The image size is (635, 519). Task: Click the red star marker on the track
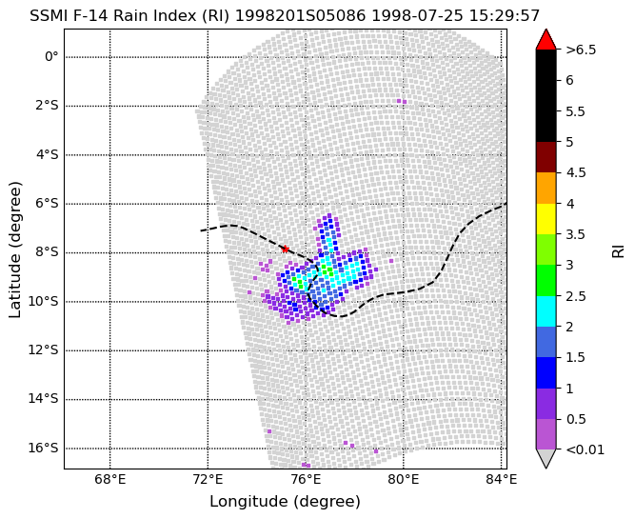(285, 249)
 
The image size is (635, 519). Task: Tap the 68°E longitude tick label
(109, 480)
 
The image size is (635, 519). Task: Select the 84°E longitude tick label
(502, 480)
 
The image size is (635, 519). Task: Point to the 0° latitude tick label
(51, 56)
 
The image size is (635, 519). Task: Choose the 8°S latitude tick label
(47, 252)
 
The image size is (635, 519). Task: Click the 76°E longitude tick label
(306, 480)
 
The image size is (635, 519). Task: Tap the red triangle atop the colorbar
(546, 39)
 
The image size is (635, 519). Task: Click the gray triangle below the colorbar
(546, 459)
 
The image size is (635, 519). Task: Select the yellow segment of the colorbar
(546, 219)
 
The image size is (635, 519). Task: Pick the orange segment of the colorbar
(546, 188)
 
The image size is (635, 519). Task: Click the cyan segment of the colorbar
(546, 311)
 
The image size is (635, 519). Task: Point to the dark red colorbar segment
(546, 157)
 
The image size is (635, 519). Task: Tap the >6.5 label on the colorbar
(581, 50)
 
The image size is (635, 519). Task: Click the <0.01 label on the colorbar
(585, 449)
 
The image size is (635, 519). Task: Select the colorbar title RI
(618, 251)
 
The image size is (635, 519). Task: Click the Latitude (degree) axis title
(14, 250)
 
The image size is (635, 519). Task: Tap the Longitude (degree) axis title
(285, 502)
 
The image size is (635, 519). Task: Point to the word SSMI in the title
(47, 16)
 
